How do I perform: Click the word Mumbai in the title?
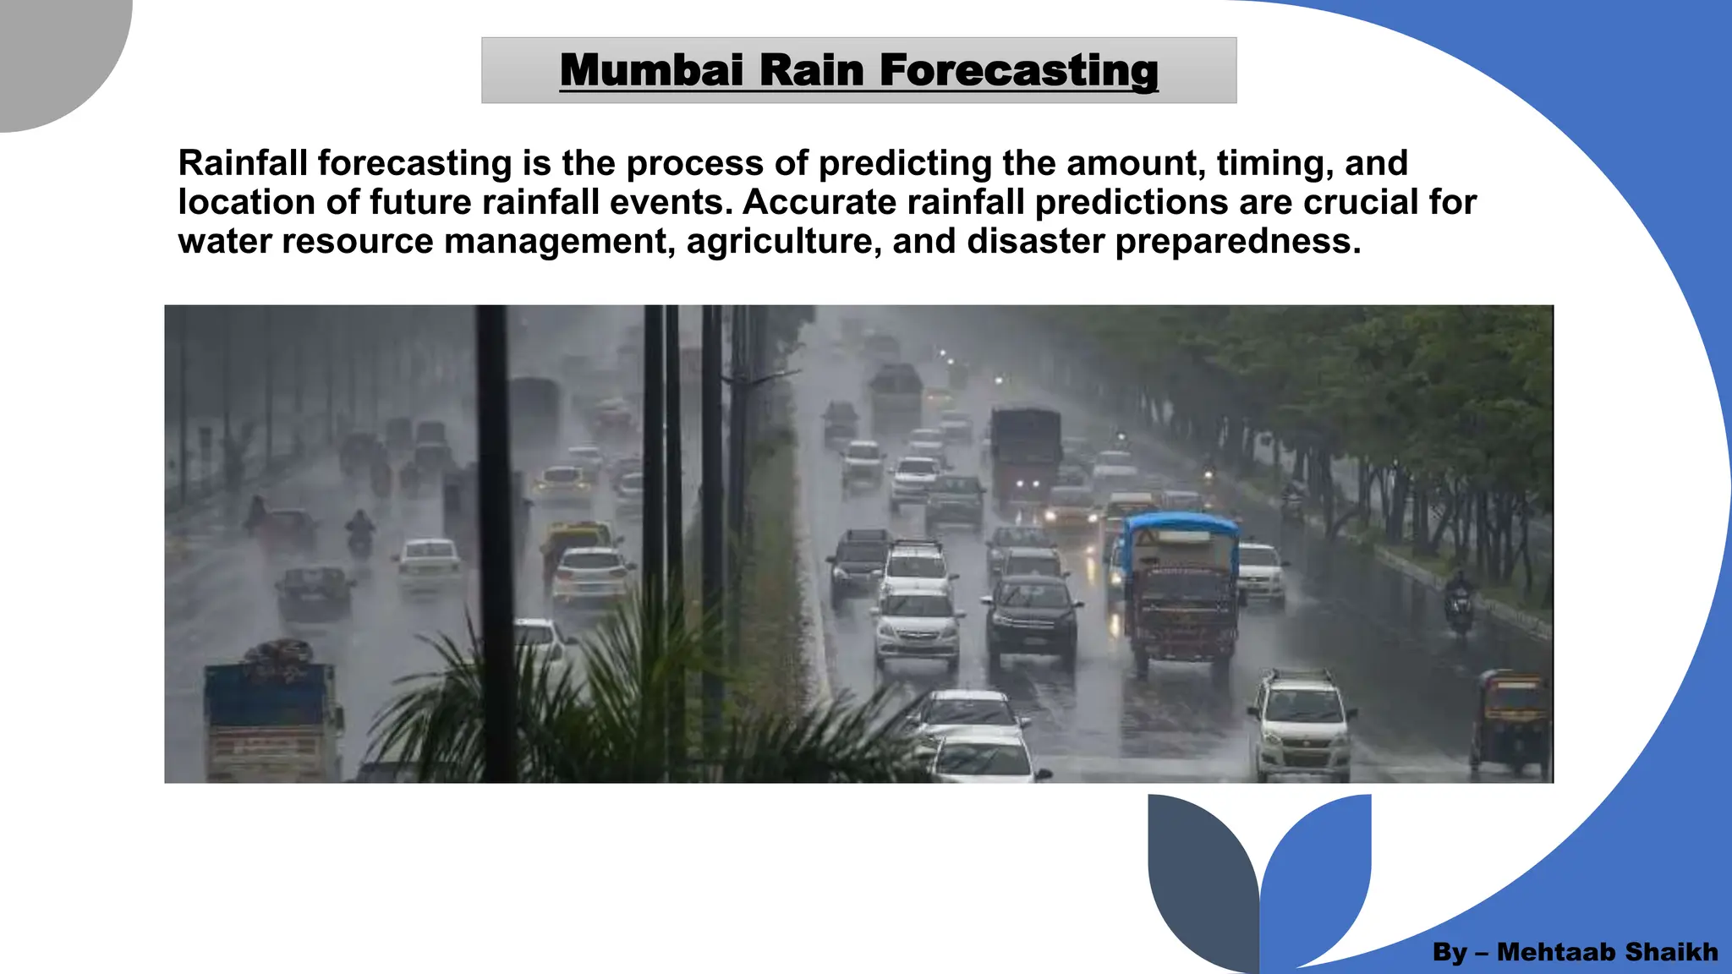[x=651, y=69]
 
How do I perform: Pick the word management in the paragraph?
[x=559, y=242]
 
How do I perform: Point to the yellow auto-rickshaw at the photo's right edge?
[x=1512, y=719]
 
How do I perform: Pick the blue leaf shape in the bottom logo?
[x=1319, y=871]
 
